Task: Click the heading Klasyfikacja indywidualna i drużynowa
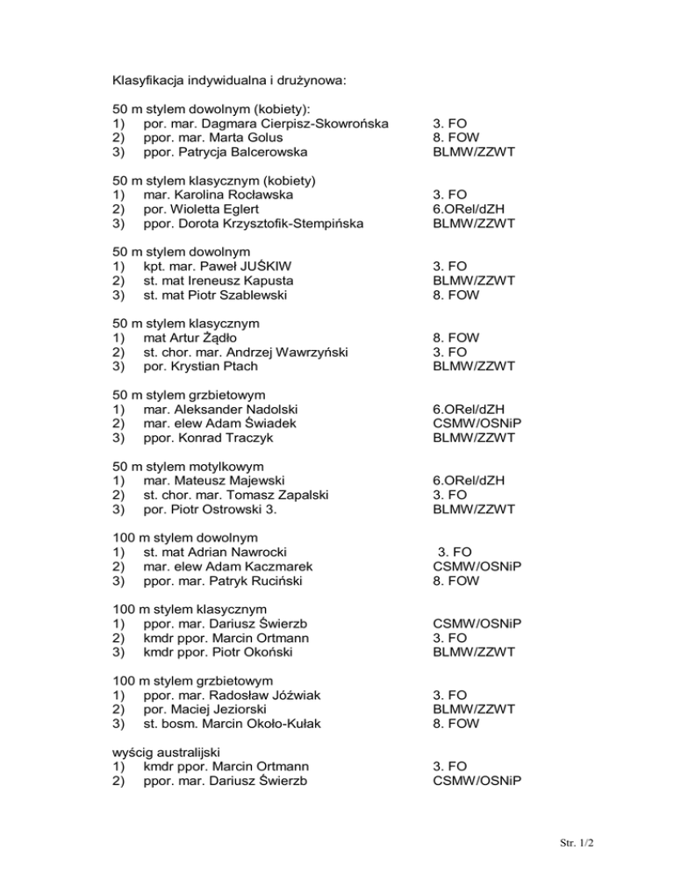point(230,82)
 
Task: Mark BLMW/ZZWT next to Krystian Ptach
point(474,366)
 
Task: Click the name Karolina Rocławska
point(234,195)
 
